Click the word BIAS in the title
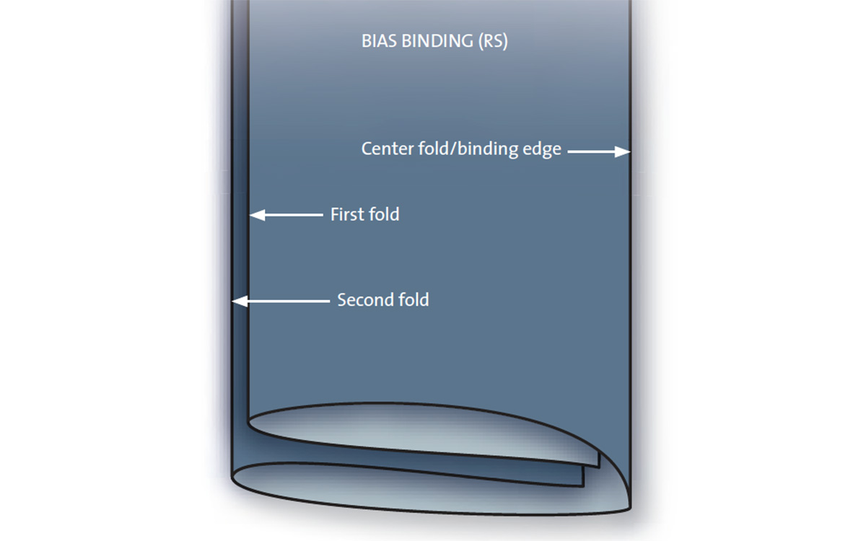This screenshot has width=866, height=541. [x=379, y=41]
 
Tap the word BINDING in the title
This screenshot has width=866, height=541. [x=437, y=41]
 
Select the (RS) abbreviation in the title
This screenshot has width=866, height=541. [x=493, y=42]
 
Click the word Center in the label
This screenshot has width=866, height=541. [x=388, y=149]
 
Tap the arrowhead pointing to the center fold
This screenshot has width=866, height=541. [x=622, y=152]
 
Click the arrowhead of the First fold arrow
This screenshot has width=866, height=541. [x=258, y=215]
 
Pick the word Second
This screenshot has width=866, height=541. [x=365, y=300]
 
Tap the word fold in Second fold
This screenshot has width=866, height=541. [x=414, y=300]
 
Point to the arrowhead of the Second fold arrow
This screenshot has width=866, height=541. [x=240, y=301]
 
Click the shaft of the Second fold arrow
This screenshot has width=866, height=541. [x=289, y=301]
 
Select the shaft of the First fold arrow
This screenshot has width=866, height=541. [x=294, y=215]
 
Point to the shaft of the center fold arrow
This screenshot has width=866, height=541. [x=592, y=152]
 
